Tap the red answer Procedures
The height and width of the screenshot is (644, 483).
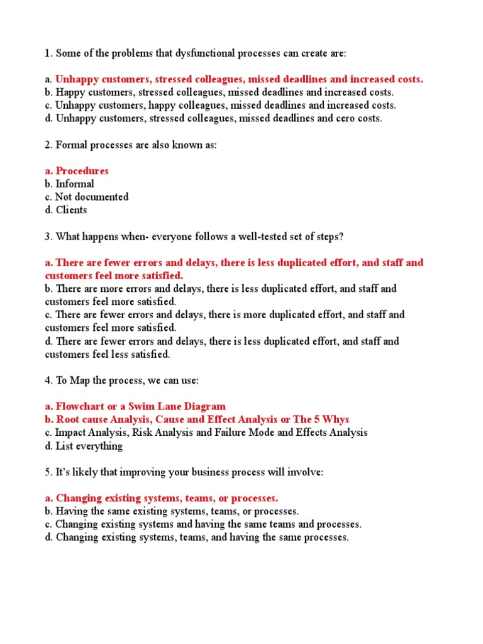tap(82, 171)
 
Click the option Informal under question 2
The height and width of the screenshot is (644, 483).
tap(75, 184)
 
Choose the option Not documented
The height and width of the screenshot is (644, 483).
tap(92, 197)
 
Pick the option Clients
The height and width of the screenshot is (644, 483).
tap(71, 210)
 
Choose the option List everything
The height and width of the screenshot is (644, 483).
tap(89, 446)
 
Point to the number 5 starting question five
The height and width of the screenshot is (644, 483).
tap(48, 472)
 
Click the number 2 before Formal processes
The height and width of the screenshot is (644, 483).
tap(48, 145)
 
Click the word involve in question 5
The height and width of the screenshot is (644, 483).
tap(306, 472)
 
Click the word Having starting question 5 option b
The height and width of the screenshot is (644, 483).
tap(72, 511)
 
